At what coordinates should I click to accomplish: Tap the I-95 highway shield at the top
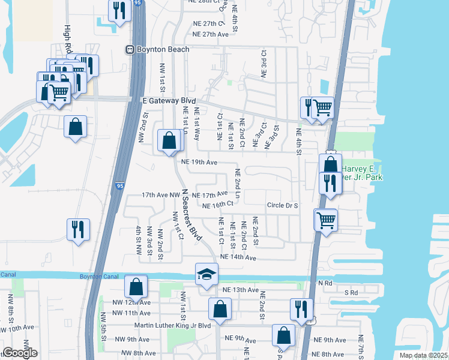coord(138,3)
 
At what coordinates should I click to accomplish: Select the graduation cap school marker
coord(206,274)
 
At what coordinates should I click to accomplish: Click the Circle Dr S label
coord(283,205)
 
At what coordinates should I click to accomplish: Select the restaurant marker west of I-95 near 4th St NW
coord(79,229)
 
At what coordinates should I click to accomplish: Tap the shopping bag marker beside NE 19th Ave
coord(169,141)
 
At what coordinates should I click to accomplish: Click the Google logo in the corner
coord(19,353)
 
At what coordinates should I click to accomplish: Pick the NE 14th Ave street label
coord(238,257)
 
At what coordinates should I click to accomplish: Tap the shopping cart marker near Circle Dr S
coord(326,220)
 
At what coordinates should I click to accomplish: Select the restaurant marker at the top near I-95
coord(119,10)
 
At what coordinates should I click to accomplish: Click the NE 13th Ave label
coord(240,290)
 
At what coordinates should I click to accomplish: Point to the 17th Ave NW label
coord(160,195)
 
